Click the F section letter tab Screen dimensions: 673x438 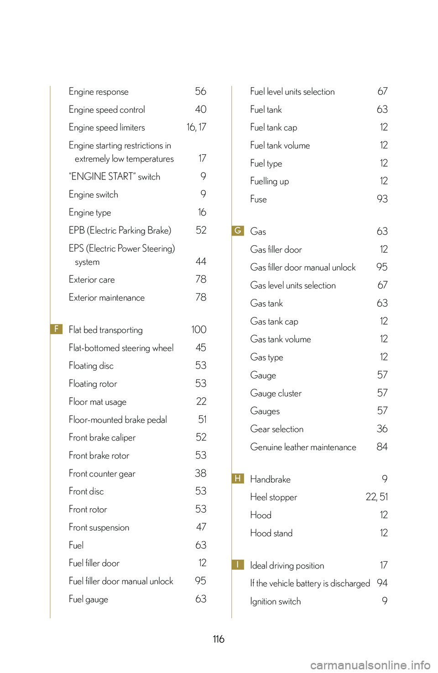[x=56, y=329]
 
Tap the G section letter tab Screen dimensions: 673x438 [x=238, y=231]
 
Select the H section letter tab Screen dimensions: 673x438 [x=238, y=478]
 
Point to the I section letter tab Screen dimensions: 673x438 [x=238, y=565]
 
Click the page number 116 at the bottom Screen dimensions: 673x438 [x=219, y=639]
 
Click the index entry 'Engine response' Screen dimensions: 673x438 [x=99, y=92]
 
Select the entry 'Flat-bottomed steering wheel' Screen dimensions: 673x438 [x=121, y=348]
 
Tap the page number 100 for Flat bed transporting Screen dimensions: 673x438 [x=198, y=330]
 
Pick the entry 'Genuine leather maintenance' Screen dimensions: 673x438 [x=303, y=447]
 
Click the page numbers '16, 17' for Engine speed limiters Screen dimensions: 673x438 [x=196, y=127]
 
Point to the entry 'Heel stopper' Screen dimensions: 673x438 [x=273, y=497]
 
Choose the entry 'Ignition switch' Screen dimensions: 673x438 [x=275, y=601]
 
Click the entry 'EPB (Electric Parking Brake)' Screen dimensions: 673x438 [x=120, y=231]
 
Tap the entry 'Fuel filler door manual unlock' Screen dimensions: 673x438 [x=121, y=581]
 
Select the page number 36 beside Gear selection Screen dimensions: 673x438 [x=382, y=429]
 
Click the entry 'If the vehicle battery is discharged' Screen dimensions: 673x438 [x=310, y=584]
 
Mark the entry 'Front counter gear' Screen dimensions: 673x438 [x=102, y=473]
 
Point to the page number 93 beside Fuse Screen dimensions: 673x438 [x=382, y=199]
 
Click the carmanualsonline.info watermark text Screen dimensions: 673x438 [x=370, y=665]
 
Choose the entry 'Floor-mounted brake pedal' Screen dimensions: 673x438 [x=118, y=420]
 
